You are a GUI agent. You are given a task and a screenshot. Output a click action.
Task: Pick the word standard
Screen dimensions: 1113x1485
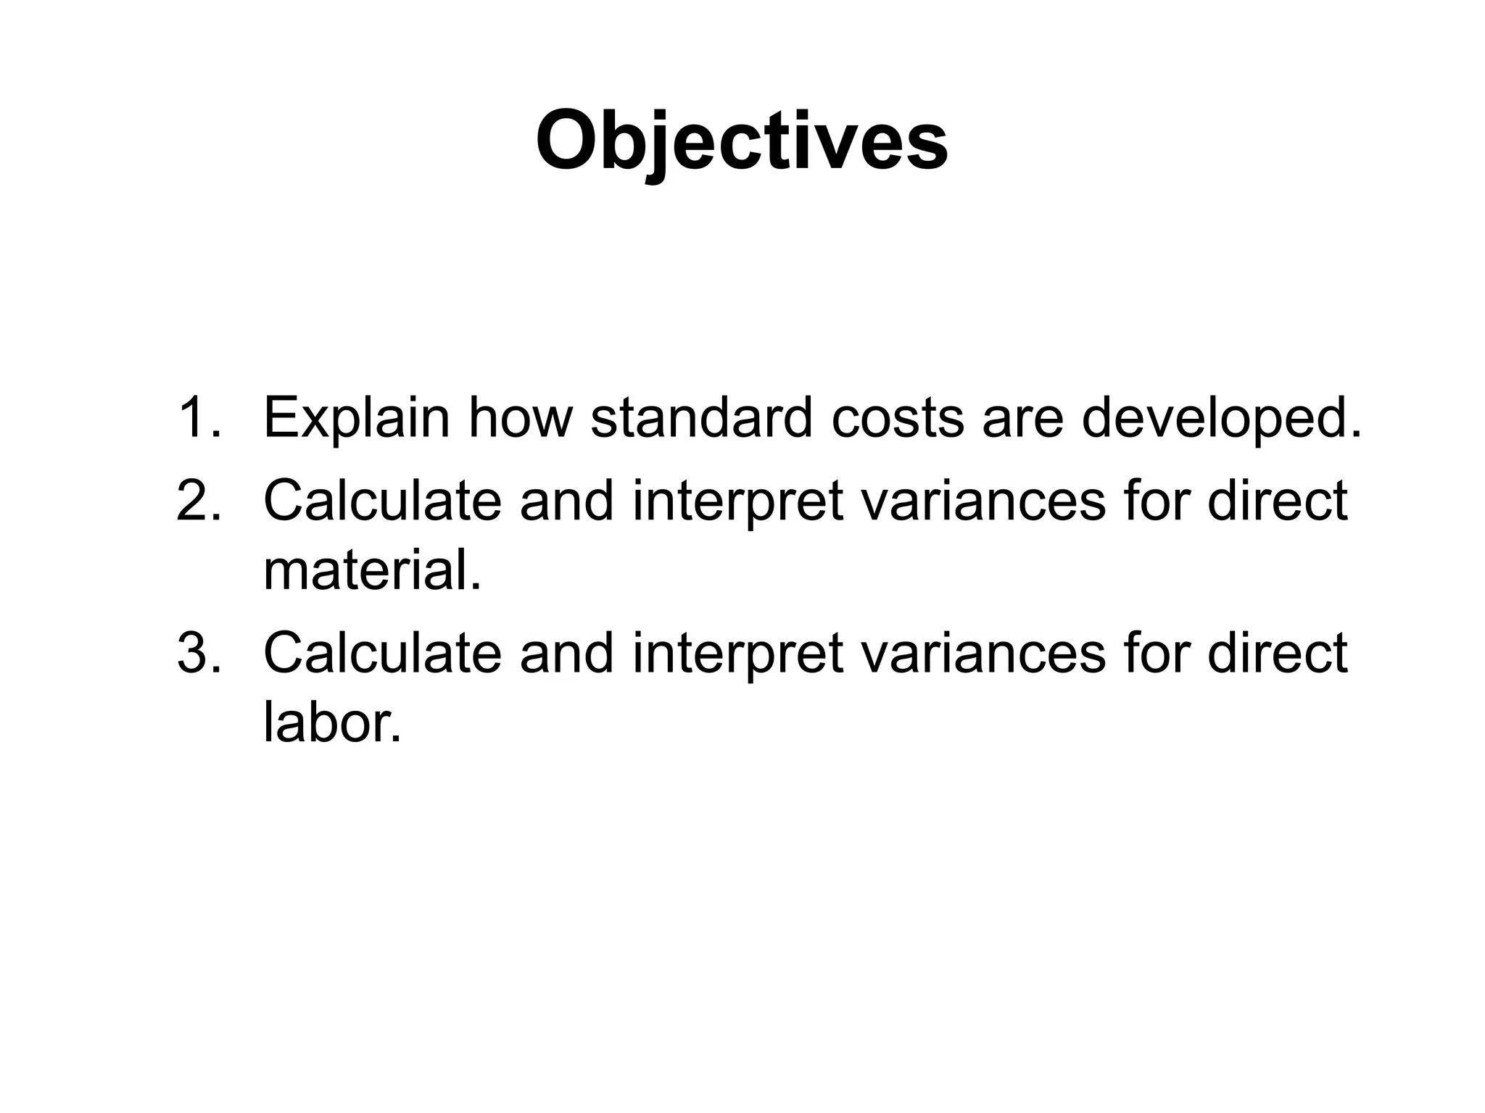pos(702,417)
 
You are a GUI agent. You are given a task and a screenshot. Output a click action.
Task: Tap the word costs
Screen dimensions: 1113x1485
pos(898,419)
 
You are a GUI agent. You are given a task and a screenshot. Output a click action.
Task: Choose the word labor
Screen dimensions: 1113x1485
pos(332,723)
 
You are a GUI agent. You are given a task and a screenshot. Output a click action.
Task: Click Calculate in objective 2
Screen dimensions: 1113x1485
pos(382,500)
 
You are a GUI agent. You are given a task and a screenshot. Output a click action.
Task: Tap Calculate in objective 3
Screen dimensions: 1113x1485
pos(382,652)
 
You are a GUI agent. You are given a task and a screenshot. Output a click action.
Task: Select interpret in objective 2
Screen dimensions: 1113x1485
pos(738,501)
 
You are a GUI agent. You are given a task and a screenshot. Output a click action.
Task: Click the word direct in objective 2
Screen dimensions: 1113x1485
pos(1277,500)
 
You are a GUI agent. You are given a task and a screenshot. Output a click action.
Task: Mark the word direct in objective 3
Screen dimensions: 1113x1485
pos(1277,652)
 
